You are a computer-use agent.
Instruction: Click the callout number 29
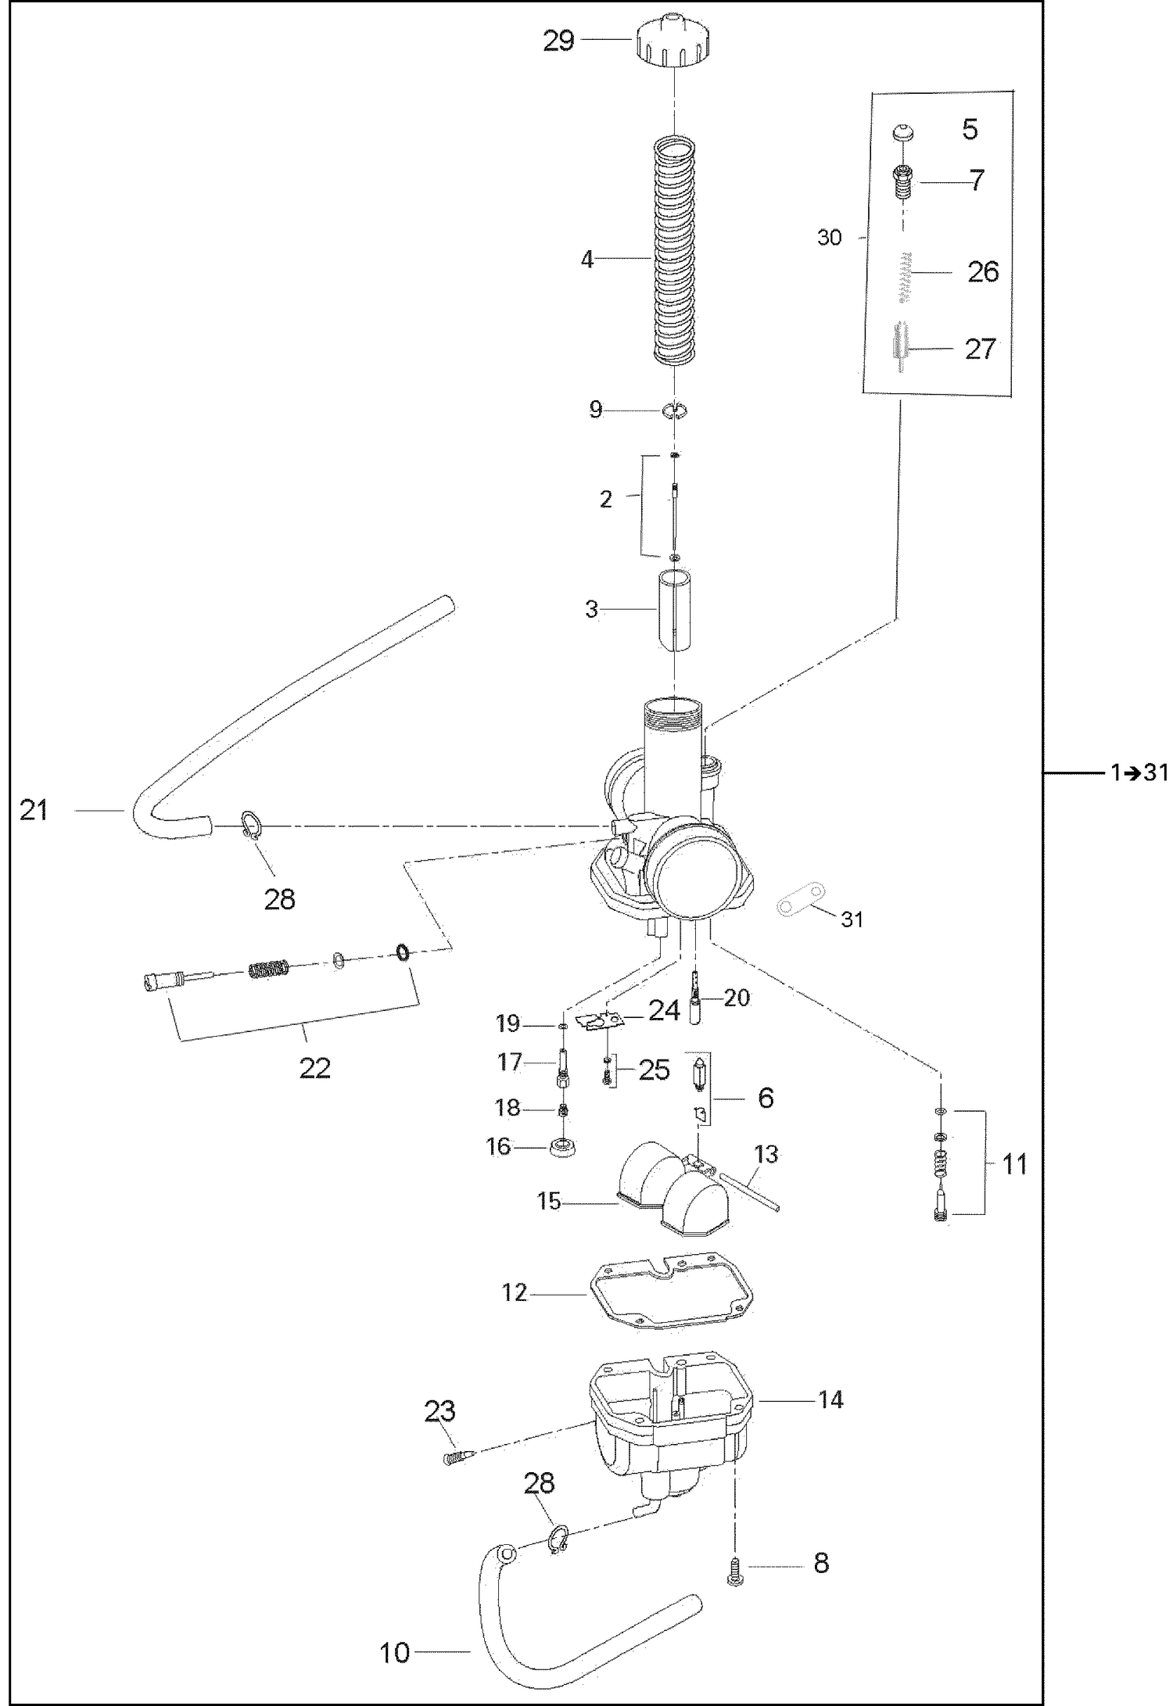point(558,40)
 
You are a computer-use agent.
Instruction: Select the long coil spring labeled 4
point(674,250)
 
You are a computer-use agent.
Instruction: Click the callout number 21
point(34,811)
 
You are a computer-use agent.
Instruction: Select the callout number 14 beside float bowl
point(830,1400)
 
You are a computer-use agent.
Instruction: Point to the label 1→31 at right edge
point(1138,772)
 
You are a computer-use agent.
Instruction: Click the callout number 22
point(315,1067)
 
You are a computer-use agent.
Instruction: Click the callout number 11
point(1014,1166)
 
